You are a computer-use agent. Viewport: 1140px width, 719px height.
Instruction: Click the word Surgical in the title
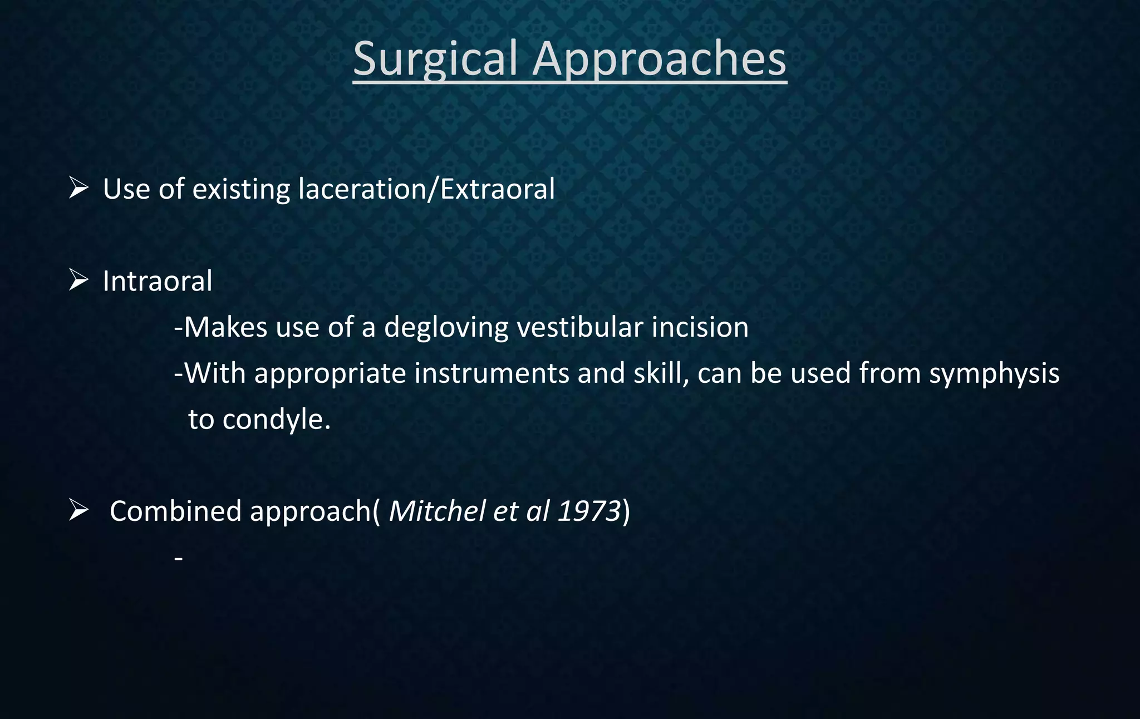click(x=435, y=59)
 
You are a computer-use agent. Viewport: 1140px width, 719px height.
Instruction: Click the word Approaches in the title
click(x=659, y=59)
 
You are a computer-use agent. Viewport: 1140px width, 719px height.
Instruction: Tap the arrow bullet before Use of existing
click(x=78, y=188)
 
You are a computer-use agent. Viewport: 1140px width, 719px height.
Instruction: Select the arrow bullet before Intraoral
click(x=78, y=280)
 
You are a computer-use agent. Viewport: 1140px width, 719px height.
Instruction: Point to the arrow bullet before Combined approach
click(x=78, y=510)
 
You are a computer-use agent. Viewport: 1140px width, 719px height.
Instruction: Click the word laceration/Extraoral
click(x=426, y=189)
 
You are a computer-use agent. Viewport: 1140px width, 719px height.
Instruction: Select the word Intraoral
click(x=158, y=281)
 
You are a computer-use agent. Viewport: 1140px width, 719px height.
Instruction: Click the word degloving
click(x=446, y=328)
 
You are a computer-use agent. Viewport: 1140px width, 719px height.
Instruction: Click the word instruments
click(x=492, y=373)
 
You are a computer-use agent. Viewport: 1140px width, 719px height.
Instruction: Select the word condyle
click(x=276, y=420)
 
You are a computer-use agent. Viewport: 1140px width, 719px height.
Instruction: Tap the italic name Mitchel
click(x=437, y=511)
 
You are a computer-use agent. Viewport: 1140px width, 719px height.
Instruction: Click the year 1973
click(x=589, y=511)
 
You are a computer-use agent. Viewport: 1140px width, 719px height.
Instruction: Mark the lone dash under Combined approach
click(x=178, y=558)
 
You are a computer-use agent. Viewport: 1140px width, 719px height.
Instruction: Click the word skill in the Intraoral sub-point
click(x=658, y=373)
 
